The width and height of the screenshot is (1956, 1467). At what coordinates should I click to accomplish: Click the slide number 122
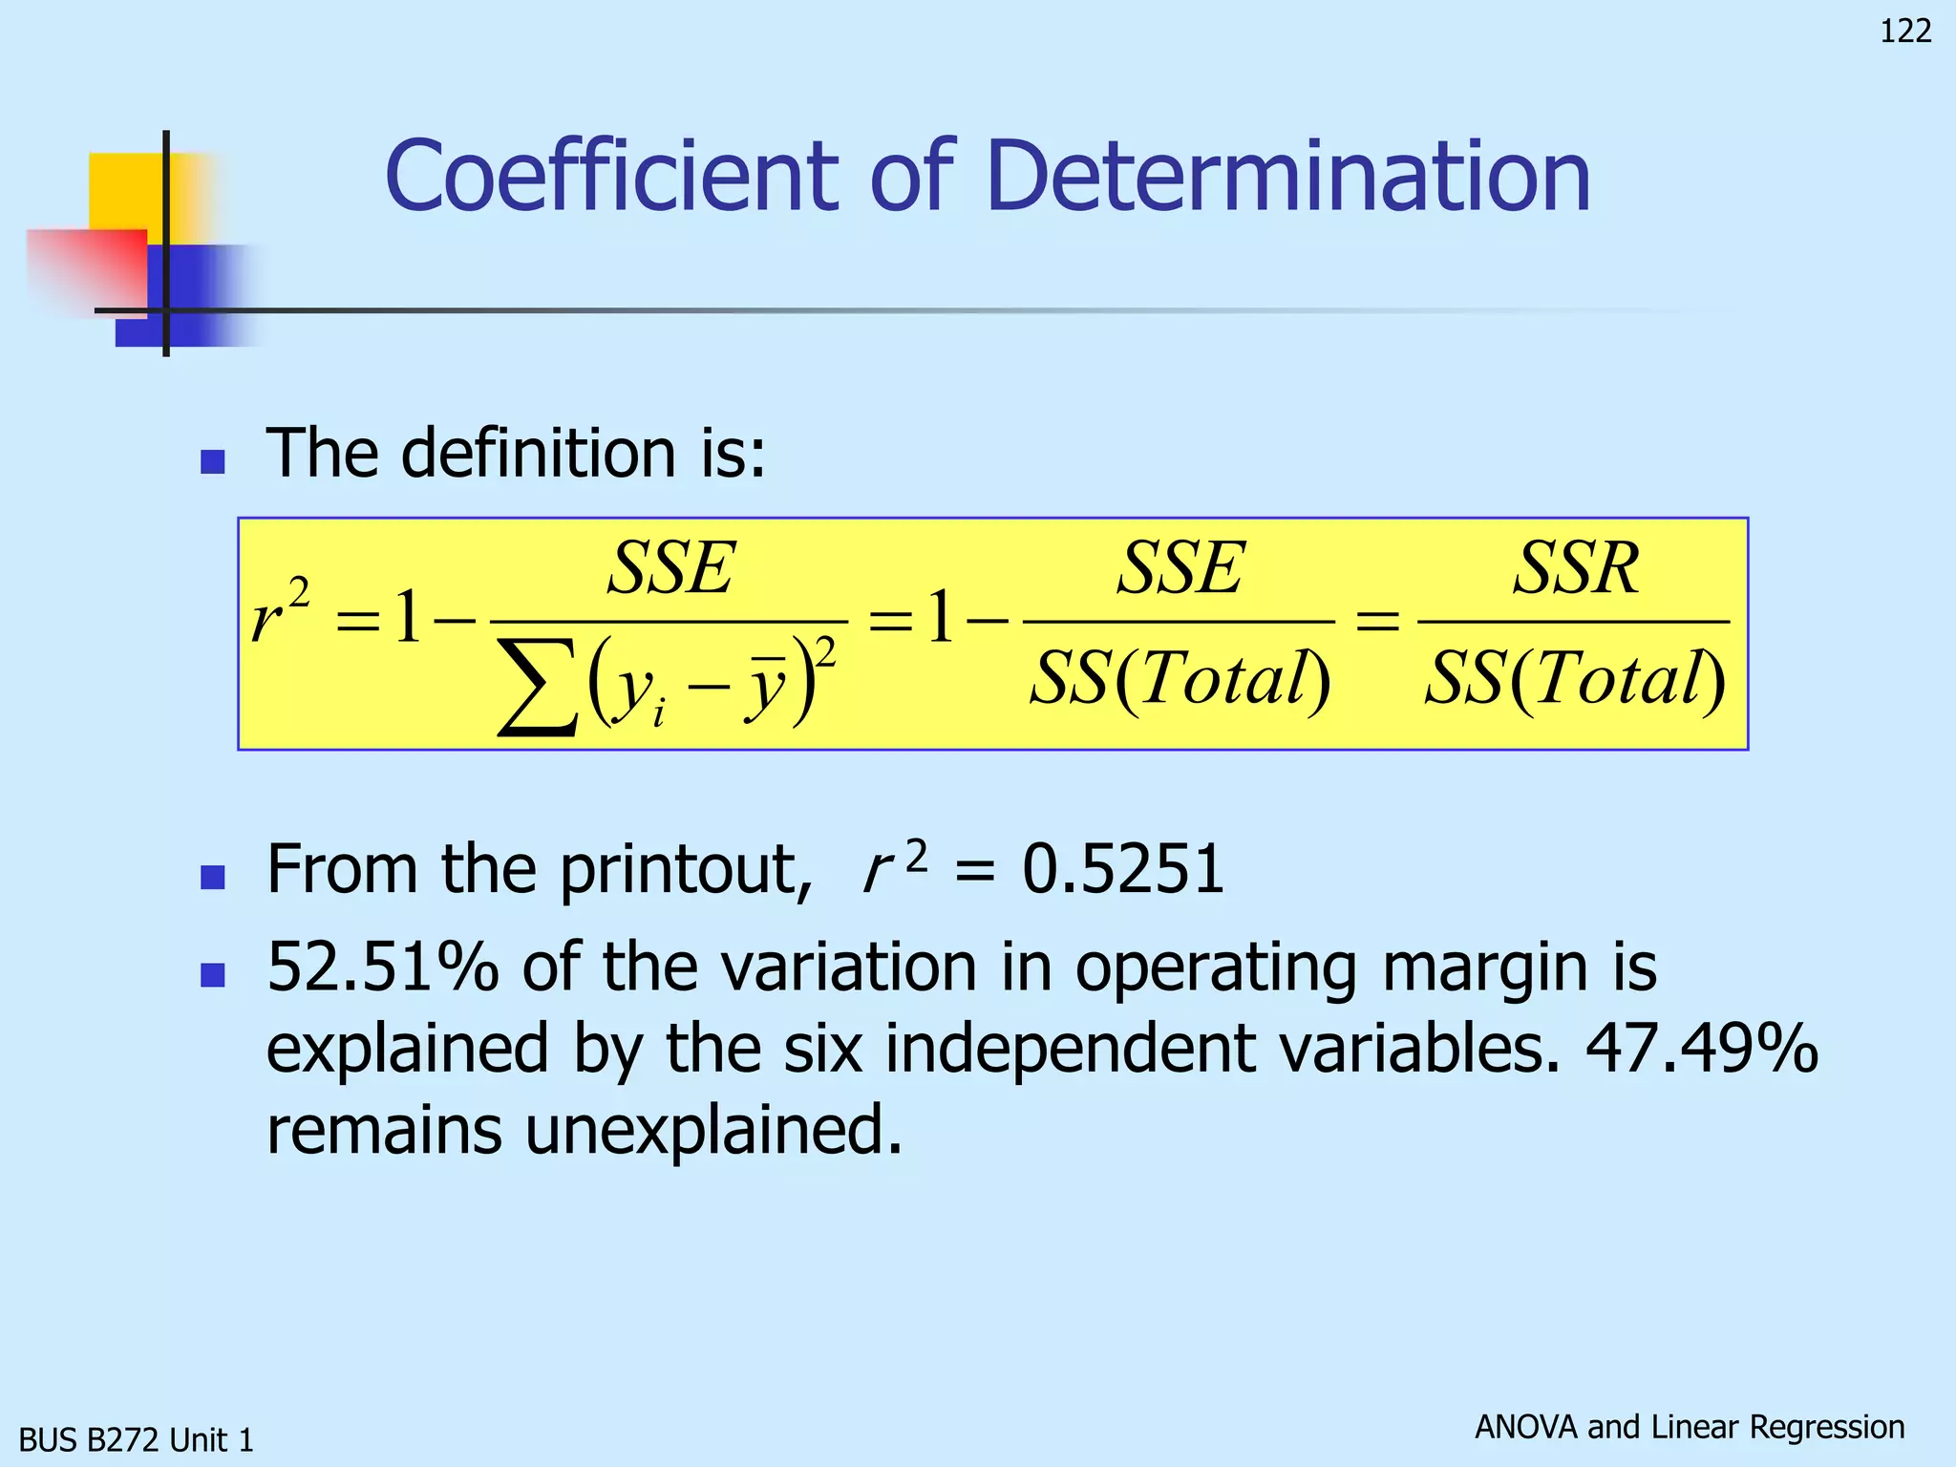[1905, 32]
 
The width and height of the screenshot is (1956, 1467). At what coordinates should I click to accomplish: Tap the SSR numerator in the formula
[1576, 568]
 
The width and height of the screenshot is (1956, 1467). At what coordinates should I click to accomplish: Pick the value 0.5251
[1123, 870]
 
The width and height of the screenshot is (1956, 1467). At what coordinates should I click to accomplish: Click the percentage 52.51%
[382, 967]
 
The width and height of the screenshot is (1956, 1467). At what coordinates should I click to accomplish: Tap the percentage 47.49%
[1701, 1049]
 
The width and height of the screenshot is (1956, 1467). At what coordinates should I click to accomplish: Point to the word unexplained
[712, 1130]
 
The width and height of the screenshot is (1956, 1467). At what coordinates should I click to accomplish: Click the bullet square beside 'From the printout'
[212, 877]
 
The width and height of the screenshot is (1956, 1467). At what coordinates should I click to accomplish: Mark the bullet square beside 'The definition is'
[212, 462]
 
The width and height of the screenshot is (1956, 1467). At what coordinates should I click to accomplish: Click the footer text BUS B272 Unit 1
[137, 1439]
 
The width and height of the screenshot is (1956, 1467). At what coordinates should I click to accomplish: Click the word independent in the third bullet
[1070, 1049]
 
